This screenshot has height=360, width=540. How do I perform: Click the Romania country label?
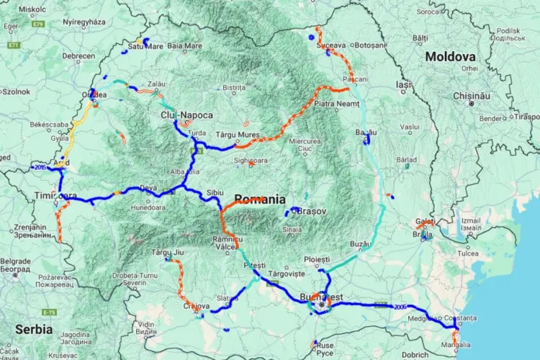[260, 199]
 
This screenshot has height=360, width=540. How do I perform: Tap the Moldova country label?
[450, 56]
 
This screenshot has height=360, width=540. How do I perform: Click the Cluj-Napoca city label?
[186, 114]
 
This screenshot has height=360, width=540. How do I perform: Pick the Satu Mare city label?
[145, 46]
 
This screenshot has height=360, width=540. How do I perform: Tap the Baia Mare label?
[185, 46]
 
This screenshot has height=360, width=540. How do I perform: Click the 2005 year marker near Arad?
[39, 167]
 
